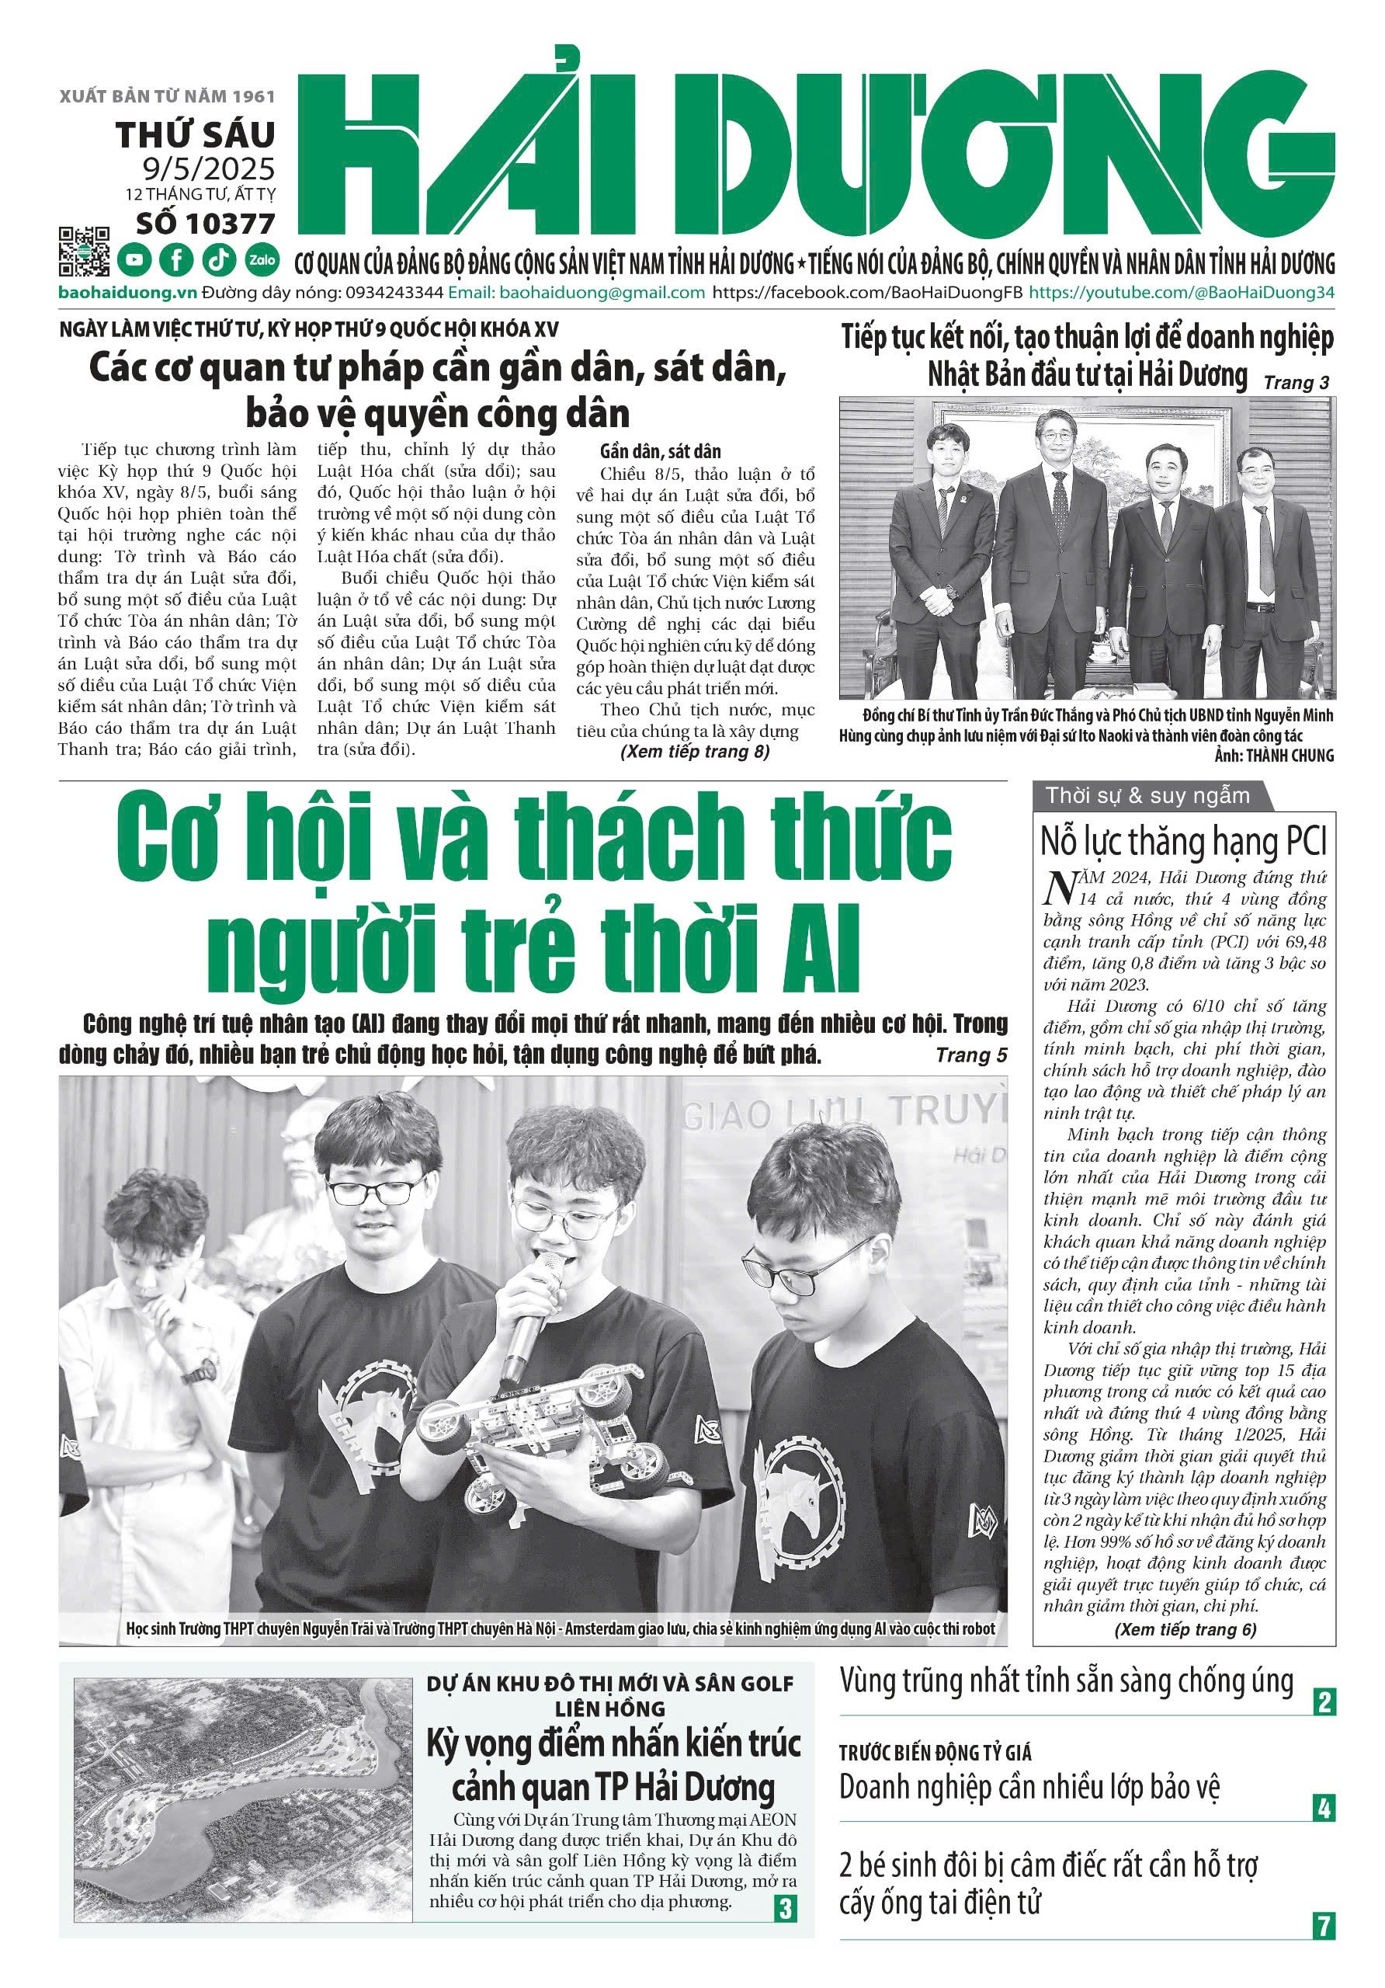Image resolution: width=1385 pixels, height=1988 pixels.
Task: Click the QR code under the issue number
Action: [x=84, y=251]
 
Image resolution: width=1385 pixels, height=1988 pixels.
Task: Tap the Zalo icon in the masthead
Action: [x=262, y=259]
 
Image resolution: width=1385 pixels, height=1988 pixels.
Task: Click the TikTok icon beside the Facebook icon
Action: [x=218, y=259]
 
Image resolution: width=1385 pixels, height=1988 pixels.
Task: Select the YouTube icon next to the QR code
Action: [x=134, y=259]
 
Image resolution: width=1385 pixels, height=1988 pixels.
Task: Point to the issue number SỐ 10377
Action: [x=205, y=224]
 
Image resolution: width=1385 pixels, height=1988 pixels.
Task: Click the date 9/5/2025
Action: [x=209, y=167]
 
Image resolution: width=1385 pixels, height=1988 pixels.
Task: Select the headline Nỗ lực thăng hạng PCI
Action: [x=1182, y=842]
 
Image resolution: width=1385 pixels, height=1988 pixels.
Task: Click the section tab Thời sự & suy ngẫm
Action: [x=1147, y=796]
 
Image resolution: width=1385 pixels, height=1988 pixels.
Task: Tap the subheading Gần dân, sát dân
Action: [x=660, y=451]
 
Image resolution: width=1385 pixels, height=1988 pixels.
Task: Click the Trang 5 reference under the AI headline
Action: [x=971, y=1055]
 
